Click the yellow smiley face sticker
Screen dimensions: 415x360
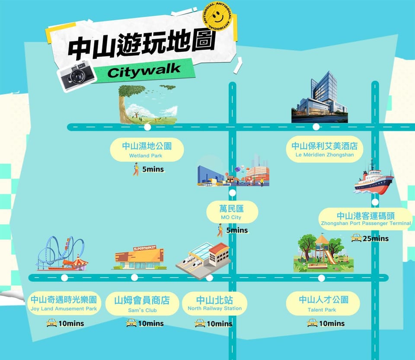click(x=217, y=16)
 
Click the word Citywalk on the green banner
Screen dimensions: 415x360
click(x=144, y=70)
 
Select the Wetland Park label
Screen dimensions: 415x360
click(x=147, y=150)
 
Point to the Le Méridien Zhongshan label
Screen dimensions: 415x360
click(x=325, y=149)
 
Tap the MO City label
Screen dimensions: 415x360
click(x=232, y=212)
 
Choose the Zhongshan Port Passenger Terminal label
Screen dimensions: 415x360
click(x=366, y=219)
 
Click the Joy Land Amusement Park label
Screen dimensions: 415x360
click(x=64, y=303)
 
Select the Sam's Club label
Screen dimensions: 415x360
click(x=142, y=304)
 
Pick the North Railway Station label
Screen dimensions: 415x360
click(x=215, y=303)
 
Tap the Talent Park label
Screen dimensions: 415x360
click(x=323, y=303)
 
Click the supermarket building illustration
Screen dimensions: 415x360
click(x=140, y=258)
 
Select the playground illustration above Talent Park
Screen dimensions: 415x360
click(x=323, y=253)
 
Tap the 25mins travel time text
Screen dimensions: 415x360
click(x=376, y=239)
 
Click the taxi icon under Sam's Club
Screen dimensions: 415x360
click(x=131, y=323)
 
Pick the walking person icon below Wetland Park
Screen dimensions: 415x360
click(x=136, y=169)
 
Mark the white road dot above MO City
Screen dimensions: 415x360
click(x=233, y=193)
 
